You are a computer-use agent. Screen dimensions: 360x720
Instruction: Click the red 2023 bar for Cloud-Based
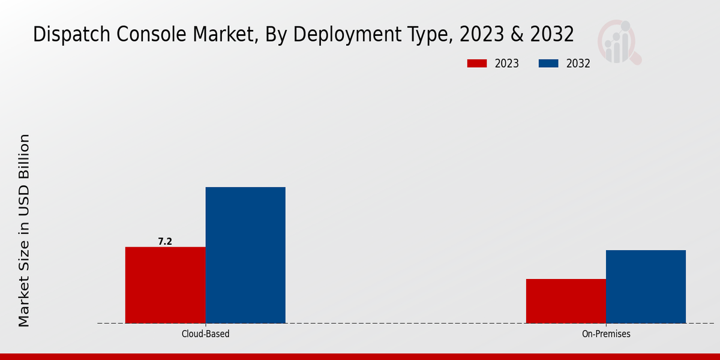pyautogui.click(x=165, y=285)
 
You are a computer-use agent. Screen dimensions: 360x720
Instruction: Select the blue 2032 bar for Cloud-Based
pyautogui.click(x=245, y=255)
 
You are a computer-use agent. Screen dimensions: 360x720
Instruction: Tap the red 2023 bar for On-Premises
pyautogui.click(x=566, y=301)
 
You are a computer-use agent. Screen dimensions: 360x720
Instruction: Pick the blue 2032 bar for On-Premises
pyautogui.click(x=646, y=286)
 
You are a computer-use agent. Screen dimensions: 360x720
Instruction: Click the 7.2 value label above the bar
pyautogui.click(x=165, y=242)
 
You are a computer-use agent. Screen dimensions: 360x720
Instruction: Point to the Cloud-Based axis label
pyautogui.click(x=205, y=334)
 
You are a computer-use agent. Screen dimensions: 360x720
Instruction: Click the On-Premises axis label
pyautogui.click(x=606, y=334)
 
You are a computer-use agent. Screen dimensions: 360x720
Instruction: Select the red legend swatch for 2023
pyautogui.click(x=477, y=64)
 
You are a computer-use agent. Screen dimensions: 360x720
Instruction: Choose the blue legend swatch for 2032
pyautogui.click(x=548, y=64)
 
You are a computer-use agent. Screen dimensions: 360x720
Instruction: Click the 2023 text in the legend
pyautogui.click(x=507, y=64)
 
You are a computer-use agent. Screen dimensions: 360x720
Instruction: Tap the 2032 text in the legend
pyautogui.click(x=578, y=64)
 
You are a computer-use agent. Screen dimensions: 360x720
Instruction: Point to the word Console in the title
pyautogui.click(x=143, y=35)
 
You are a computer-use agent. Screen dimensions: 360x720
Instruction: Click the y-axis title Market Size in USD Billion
pyautogui.click(x=24, y=231)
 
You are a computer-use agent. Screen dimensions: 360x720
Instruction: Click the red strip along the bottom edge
pyautogui.click(x=360, y=356)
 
